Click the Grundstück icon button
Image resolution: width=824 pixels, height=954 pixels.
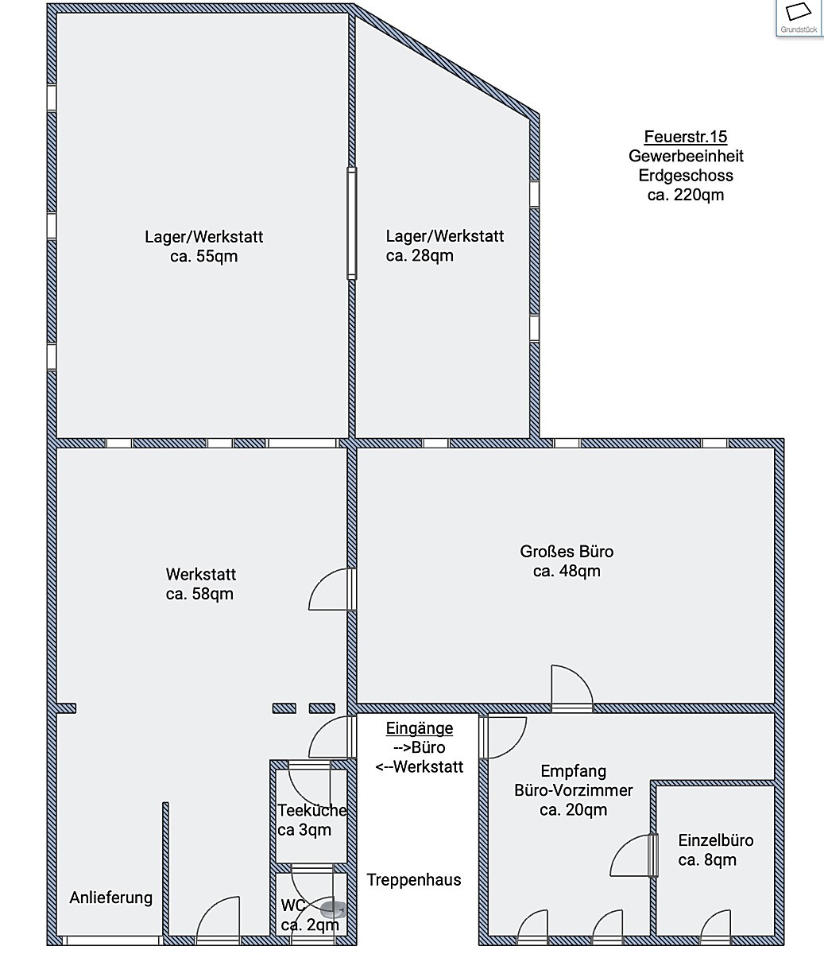(x=799, y=17)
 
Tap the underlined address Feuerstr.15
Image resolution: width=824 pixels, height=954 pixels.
(x=686, y=137)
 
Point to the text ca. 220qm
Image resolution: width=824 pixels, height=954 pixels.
(x=686, y=195)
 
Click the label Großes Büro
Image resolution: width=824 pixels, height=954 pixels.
(x=567, y=551)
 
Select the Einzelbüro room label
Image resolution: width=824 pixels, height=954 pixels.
(x=716, y=840)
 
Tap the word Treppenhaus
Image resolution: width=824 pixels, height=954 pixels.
(x=414, y=880)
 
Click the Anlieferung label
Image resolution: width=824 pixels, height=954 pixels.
(x=110, y=898)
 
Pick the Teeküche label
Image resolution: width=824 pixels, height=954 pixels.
(x=312, y=810)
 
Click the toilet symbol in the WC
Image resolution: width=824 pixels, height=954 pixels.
(x=332, y=909)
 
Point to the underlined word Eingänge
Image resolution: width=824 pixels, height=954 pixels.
(x=420, y=728)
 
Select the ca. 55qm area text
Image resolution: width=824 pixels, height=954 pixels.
(x=204, y=256)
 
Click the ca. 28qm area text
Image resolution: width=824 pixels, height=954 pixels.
(x=420, y=255)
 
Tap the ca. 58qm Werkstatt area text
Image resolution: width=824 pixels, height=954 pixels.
(x=199, y=594)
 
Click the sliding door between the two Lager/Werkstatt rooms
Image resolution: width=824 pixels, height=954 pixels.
(x=351, y=223)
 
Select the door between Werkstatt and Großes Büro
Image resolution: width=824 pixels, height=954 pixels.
(x=332, y=589)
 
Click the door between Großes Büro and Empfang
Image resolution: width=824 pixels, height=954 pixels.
(x=572, y=688)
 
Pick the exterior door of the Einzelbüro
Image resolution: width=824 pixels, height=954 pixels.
(x=715, y=927)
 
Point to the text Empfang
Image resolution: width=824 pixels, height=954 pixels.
(x=574, y=771)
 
